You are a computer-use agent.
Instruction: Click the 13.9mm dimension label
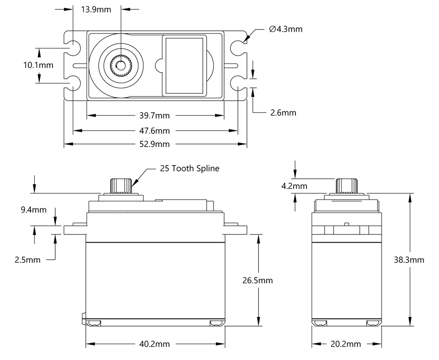click(x=96, y=9)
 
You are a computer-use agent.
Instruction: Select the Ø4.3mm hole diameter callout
click(x=286, y=29)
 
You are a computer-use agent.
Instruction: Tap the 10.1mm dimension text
click(x=38, y=65)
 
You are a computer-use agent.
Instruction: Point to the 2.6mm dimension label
click(x=283, y=113)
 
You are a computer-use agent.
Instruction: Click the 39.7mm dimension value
click(x=155, y=116)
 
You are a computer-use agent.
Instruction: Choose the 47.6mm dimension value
click(x=155, y=131)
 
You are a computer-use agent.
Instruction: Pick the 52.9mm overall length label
click(x=155, y=144)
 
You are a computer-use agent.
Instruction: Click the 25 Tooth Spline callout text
click(x=189, y=168)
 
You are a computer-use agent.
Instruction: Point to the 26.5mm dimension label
click(x=258, y=281)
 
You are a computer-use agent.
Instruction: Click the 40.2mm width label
click(x=155, y=344)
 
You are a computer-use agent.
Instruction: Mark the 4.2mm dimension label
click(x=295, y=186)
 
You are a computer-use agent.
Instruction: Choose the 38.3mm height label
click(x=409, y=260)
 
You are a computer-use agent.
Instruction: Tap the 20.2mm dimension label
click(x=346, y=344)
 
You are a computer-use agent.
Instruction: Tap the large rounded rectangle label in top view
click(x=184, y=66)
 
